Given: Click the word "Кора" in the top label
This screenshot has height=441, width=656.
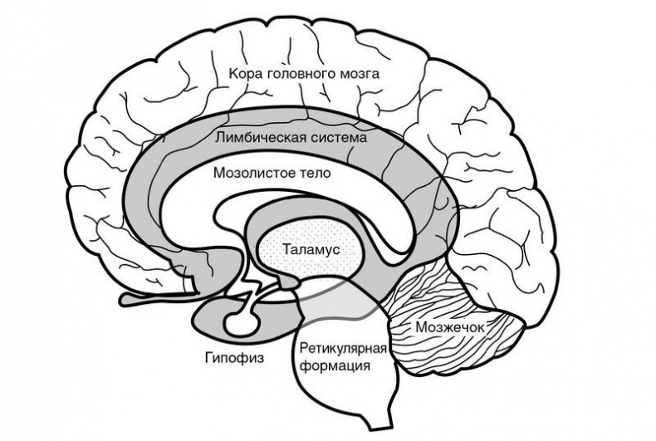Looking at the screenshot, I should [x=246, y=74].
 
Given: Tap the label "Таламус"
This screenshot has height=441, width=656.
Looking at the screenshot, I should [x=311, y=248].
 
